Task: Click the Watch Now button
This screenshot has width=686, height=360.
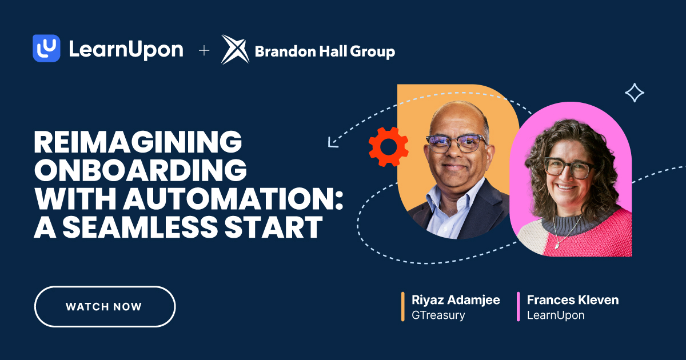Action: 105,306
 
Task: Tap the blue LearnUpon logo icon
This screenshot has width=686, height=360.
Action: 46,49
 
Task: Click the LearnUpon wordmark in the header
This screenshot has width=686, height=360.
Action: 126,50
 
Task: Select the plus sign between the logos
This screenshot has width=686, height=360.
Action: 204,51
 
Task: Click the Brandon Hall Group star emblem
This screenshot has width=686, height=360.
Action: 235,50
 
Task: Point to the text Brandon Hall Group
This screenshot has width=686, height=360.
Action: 325,52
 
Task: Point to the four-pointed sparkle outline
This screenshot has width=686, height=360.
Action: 634,93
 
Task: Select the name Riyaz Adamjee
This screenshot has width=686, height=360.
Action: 456,300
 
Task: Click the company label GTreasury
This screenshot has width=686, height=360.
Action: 438,315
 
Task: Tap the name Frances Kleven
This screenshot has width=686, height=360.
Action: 572,300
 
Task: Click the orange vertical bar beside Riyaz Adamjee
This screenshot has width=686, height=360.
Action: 403,307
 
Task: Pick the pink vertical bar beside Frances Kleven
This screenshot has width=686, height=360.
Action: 519,307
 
